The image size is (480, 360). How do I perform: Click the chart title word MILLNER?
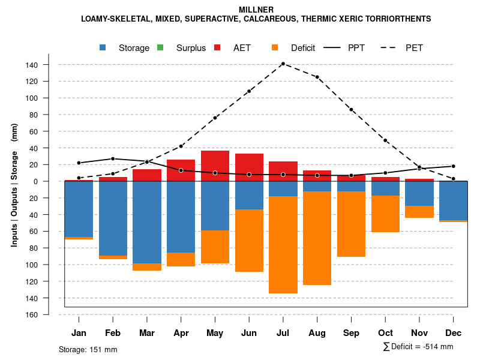click(256, 10)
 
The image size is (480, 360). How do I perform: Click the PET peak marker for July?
click(283, 64)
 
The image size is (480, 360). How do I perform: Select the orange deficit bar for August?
click(317, 238)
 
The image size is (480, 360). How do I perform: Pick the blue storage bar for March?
click(147, 222)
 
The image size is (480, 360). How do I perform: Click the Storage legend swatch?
click(103, 47)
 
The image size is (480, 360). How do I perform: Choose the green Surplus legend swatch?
click(160, 47)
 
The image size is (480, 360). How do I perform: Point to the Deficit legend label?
click(303, 48)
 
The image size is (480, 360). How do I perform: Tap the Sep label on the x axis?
click(351, 333)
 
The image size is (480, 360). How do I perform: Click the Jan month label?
click(79, 333)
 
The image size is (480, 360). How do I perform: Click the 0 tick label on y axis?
click(53, 181)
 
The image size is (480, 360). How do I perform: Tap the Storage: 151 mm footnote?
click(88, 349)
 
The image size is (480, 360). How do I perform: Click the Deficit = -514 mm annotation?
click(418, 347)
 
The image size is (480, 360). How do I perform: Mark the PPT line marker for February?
click(113, 159)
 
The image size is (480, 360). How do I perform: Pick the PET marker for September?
click(351, 110)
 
